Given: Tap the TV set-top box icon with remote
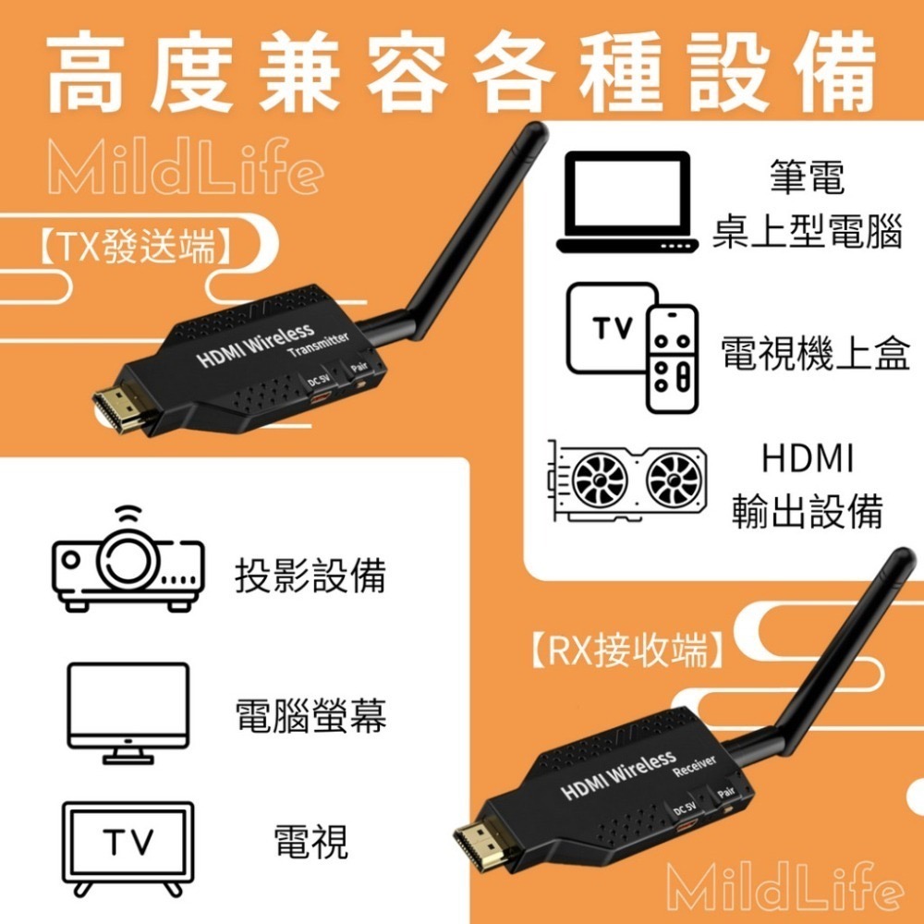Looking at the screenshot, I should coord(635,347).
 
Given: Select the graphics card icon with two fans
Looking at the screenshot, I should coord(626,480).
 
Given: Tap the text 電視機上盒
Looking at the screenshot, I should coord(815,353).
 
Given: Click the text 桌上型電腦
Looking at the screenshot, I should coord(807,234).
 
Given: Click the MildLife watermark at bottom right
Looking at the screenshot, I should coord(784,889).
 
